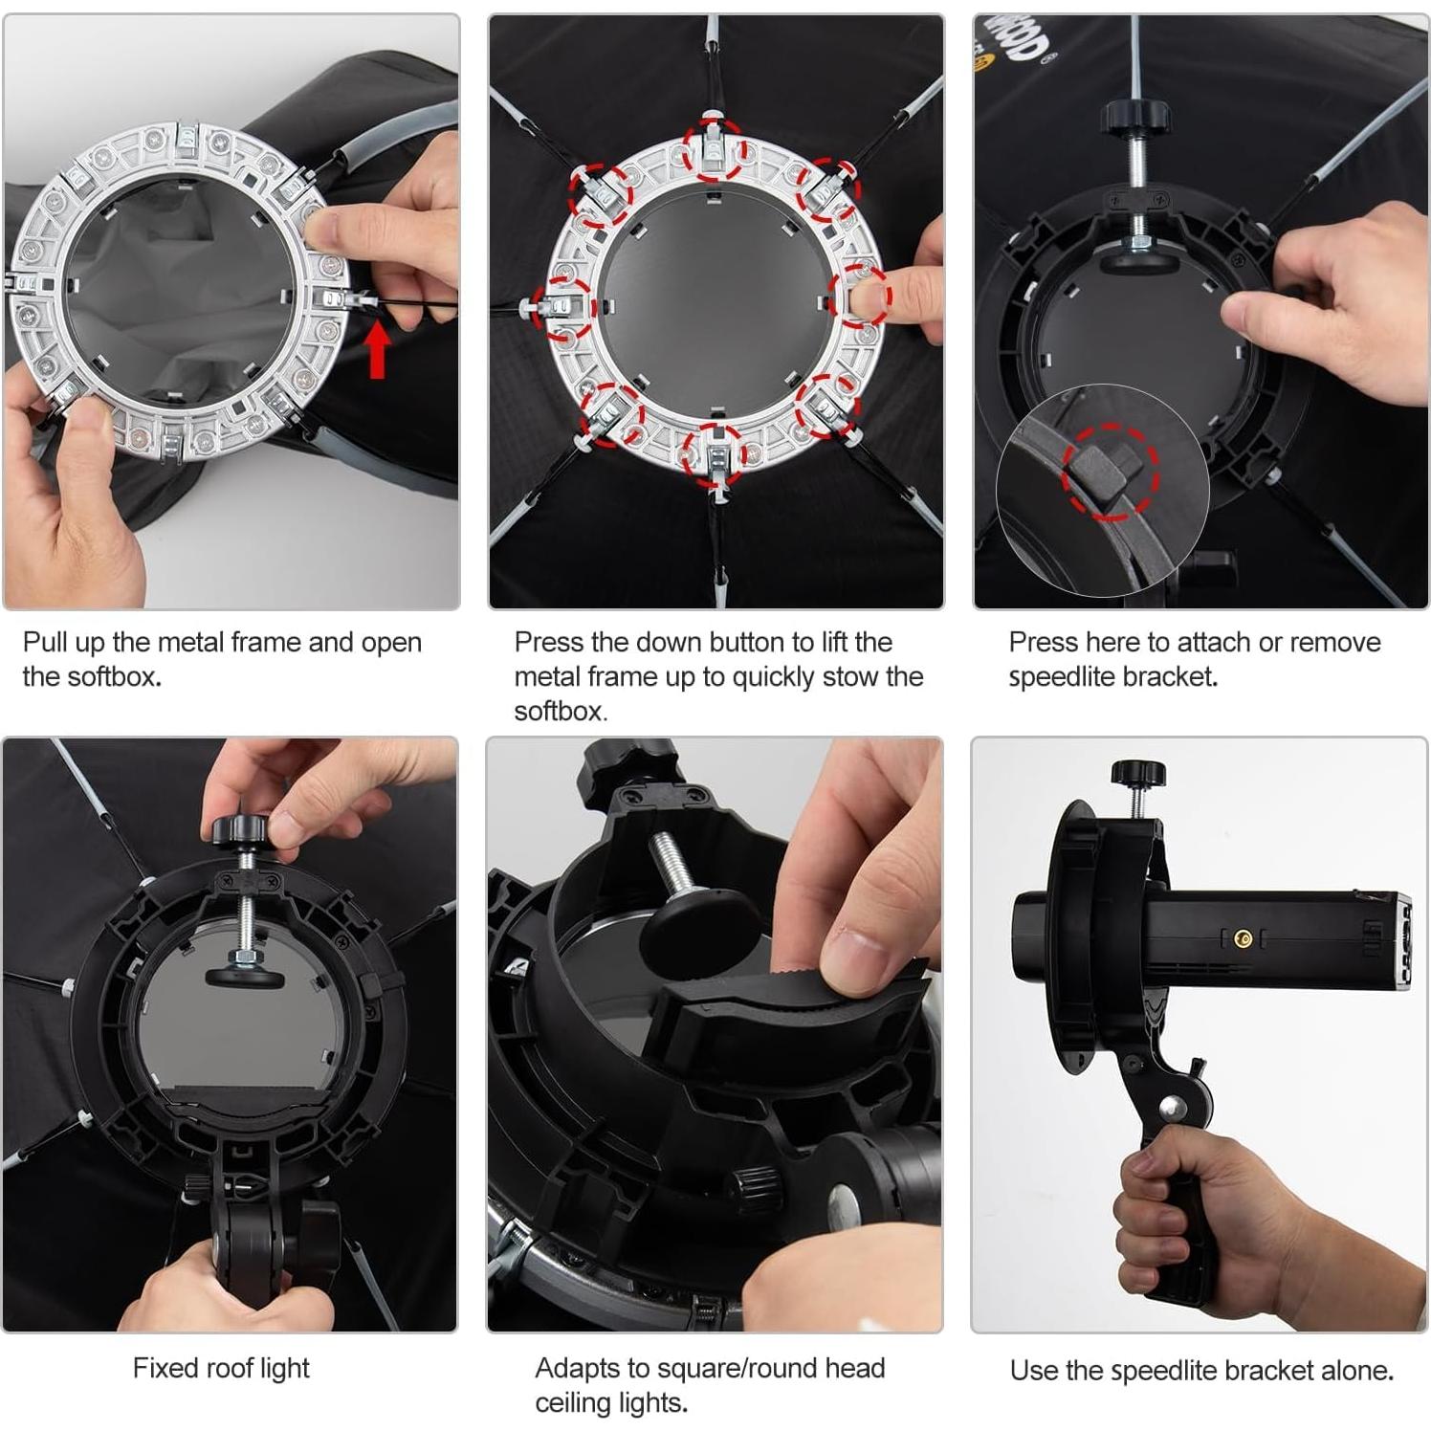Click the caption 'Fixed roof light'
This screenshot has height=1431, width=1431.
[221, 1369]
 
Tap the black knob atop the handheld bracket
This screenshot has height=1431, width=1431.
[1138, 772]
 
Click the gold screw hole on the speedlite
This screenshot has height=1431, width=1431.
[1243, 939]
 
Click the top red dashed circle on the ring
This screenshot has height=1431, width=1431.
[714, 149]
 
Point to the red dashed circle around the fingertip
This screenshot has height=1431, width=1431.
[859, 297]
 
